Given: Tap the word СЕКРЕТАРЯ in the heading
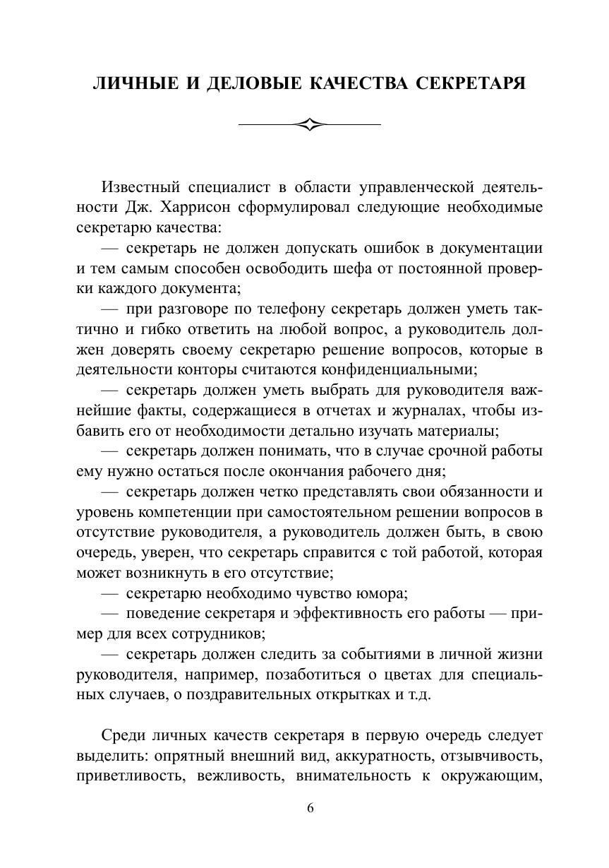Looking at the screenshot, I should tap(470, 84).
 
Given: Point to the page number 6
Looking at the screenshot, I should tap(310, 809).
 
